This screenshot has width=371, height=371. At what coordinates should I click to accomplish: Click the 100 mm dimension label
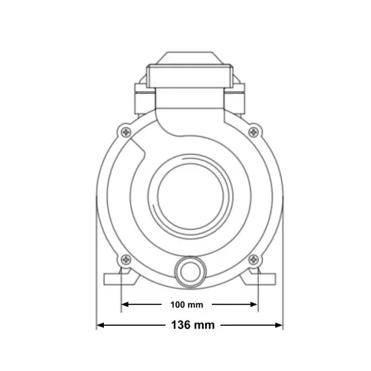[x=187, y=305]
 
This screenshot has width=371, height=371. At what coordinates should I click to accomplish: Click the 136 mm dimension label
[x=193, y=325]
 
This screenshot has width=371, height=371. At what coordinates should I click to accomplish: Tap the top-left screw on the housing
[x=126, y=132]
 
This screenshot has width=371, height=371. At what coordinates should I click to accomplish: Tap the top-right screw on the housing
[x=254, y=132]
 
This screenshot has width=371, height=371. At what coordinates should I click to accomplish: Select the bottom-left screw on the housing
[x=126, y=260]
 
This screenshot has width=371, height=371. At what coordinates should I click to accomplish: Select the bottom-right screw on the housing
[x=254, y=260]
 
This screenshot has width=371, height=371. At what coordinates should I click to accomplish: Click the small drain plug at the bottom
[x=190, y=272]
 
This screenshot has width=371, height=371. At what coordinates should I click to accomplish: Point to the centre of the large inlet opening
[x=190, y=196]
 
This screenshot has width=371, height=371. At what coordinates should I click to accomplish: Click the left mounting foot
[x=121, y=277]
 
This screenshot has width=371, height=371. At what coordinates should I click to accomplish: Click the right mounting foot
[x=258, y=277]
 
